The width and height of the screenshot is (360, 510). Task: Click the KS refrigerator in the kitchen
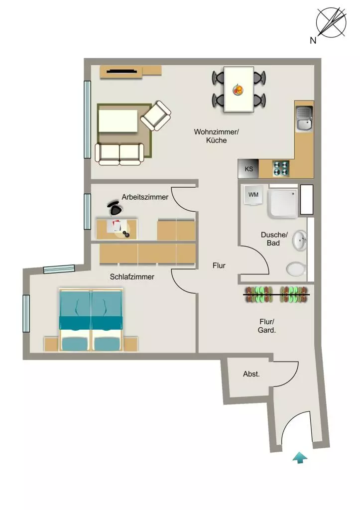click(248, 169)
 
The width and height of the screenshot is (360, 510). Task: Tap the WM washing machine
click(253, 195)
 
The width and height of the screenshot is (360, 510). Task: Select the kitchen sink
click(304, 119)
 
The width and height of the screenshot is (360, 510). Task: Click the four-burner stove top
click(281, 168)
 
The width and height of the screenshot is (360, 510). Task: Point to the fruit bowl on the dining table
click(238, 90)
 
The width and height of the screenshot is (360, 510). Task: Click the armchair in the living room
click(156, 116)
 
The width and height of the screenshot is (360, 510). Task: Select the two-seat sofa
click(120, 154)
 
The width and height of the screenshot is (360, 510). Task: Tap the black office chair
click(115, 208)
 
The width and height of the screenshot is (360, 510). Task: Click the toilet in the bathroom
click(296, 269)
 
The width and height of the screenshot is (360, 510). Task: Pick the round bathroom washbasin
click(299, 241)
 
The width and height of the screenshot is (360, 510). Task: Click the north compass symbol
click(331, 22)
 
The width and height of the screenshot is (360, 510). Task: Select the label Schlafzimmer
click(132, 277)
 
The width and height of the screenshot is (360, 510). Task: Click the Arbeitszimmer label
click(145, 197)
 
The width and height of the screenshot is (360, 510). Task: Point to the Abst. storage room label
click(251, 374)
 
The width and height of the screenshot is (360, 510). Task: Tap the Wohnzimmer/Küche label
click(216, 136)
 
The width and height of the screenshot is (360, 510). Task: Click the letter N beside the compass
click(313, 40)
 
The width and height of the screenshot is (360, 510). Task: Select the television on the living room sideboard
click(121, 71)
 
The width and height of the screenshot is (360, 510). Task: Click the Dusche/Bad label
click(274, 239)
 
